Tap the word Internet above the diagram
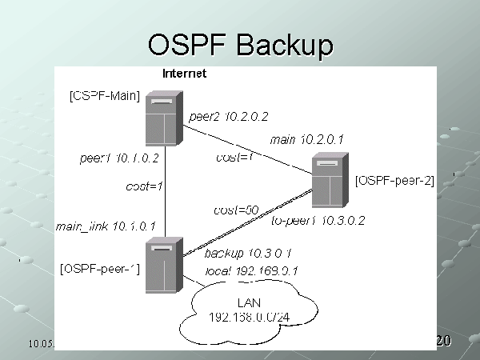click(184, 74)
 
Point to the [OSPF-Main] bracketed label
click(105, 97)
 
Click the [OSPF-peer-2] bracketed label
click(394, 181)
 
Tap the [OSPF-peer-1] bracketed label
click(101, 269)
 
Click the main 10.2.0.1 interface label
click(306, 139)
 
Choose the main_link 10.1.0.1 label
click(106, 226)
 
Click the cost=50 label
click(236, 210)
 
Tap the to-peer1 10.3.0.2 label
click(318, 221)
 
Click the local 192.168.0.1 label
click(251, 270)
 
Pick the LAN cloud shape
click(249, 312)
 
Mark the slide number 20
click(443, 342)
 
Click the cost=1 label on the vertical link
click(145, 186)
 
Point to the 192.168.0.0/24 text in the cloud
click(249, 318)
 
